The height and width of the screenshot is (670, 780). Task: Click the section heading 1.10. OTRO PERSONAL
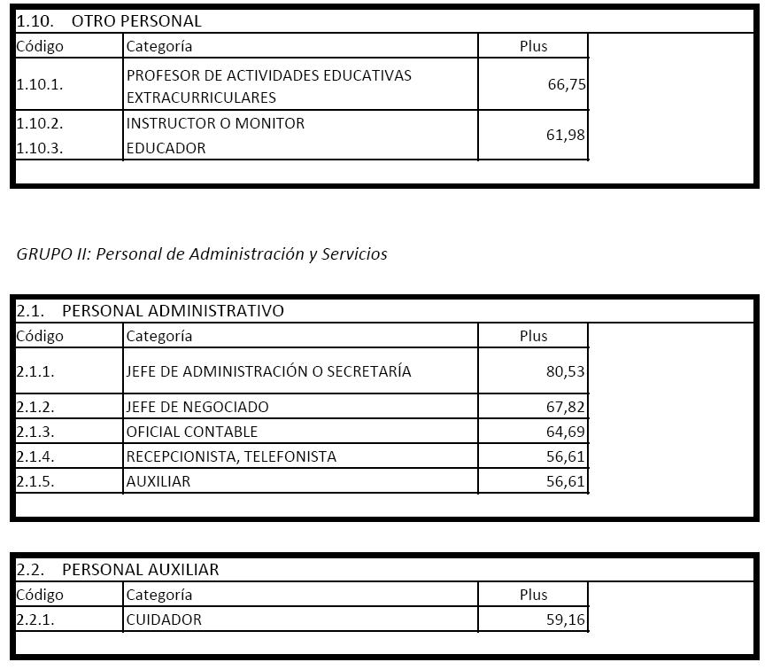coord(109,20)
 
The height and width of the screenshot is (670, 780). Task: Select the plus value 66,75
coord(567,85)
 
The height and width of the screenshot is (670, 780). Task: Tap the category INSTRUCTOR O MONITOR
coord(215,123)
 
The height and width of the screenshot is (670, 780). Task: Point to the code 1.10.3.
coord(40,148)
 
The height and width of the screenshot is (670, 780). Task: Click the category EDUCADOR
coord(166,148)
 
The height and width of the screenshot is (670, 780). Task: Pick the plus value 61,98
coord(567,136)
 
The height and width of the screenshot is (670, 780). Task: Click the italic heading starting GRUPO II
coord(202,254)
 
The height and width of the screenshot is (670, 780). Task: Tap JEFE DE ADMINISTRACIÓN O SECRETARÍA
coord(268,371)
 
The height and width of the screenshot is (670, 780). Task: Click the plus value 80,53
coord(567,371)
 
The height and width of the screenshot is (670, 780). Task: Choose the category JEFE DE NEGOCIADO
coord(197,407)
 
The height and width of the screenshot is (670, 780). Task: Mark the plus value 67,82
coord(567,407)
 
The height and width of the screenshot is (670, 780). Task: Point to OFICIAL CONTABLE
coord(192,432)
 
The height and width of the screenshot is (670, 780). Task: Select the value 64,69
coord(567,432)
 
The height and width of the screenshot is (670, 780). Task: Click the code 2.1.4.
coord(35,456)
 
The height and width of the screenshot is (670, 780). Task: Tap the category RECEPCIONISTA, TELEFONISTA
coord(231,456)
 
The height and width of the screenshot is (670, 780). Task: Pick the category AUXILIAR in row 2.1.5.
coord(158,481)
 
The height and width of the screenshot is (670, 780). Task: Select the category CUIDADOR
coord(164,619)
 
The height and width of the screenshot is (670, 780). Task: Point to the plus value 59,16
coord(567,619)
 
